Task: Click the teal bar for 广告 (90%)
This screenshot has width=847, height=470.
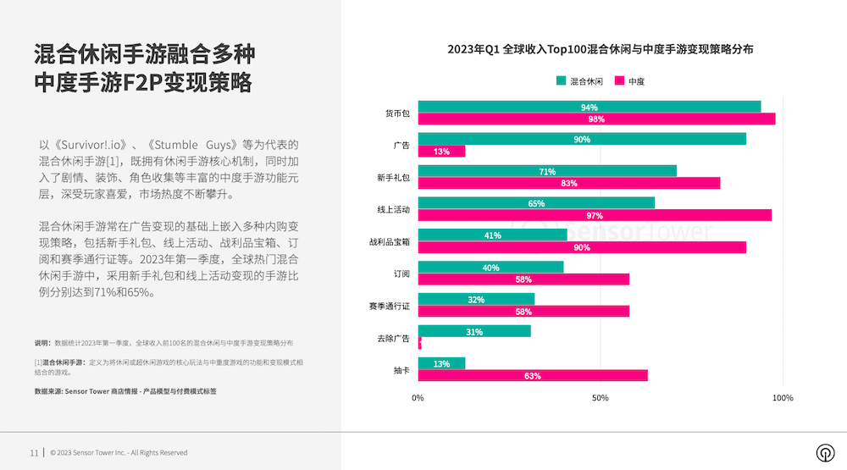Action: point(582,139)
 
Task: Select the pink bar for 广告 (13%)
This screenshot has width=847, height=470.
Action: point(441,152)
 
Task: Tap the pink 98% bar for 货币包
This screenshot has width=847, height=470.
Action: point(596,119)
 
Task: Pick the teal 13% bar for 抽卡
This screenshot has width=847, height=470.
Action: point(441,363)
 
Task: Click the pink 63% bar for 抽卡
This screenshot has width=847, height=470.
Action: point(533,376)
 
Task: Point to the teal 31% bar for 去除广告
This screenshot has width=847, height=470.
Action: point(474,331)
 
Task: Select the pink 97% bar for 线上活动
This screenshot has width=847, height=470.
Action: point(595,215)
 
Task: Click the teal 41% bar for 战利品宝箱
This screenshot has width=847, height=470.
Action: point(492,235)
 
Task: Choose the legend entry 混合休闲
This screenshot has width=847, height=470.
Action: point(579,81)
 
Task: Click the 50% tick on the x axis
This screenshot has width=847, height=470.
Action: point(600,397)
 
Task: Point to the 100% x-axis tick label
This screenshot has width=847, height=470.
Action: point(783,397)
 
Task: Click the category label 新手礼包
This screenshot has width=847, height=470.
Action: point(394,177)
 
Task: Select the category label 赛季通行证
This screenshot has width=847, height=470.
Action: point(390,305)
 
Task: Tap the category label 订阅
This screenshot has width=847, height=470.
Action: point(401,274)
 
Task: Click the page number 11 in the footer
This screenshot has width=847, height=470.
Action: point(34,452)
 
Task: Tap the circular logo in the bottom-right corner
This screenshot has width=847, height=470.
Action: point(822,452)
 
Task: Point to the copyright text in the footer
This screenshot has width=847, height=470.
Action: point(119,453)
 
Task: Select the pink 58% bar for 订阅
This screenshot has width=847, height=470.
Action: point(523,279)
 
